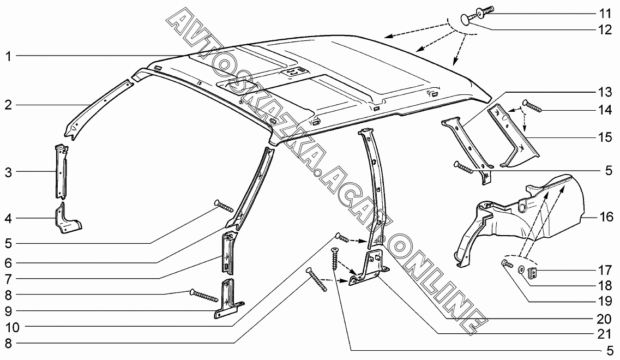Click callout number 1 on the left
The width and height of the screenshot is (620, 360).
[8, 55]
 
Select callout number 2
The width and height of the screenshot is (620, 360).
[8, 105]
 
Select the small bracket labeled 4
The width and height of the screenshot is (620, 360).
[67, 219]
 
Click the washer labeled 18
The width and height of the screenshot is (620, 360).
[521, 270]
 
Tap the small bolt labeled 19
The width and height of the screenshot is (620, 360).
[507, 265]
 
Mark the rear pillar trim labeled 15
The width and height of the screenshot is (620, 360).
[515, 142]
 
